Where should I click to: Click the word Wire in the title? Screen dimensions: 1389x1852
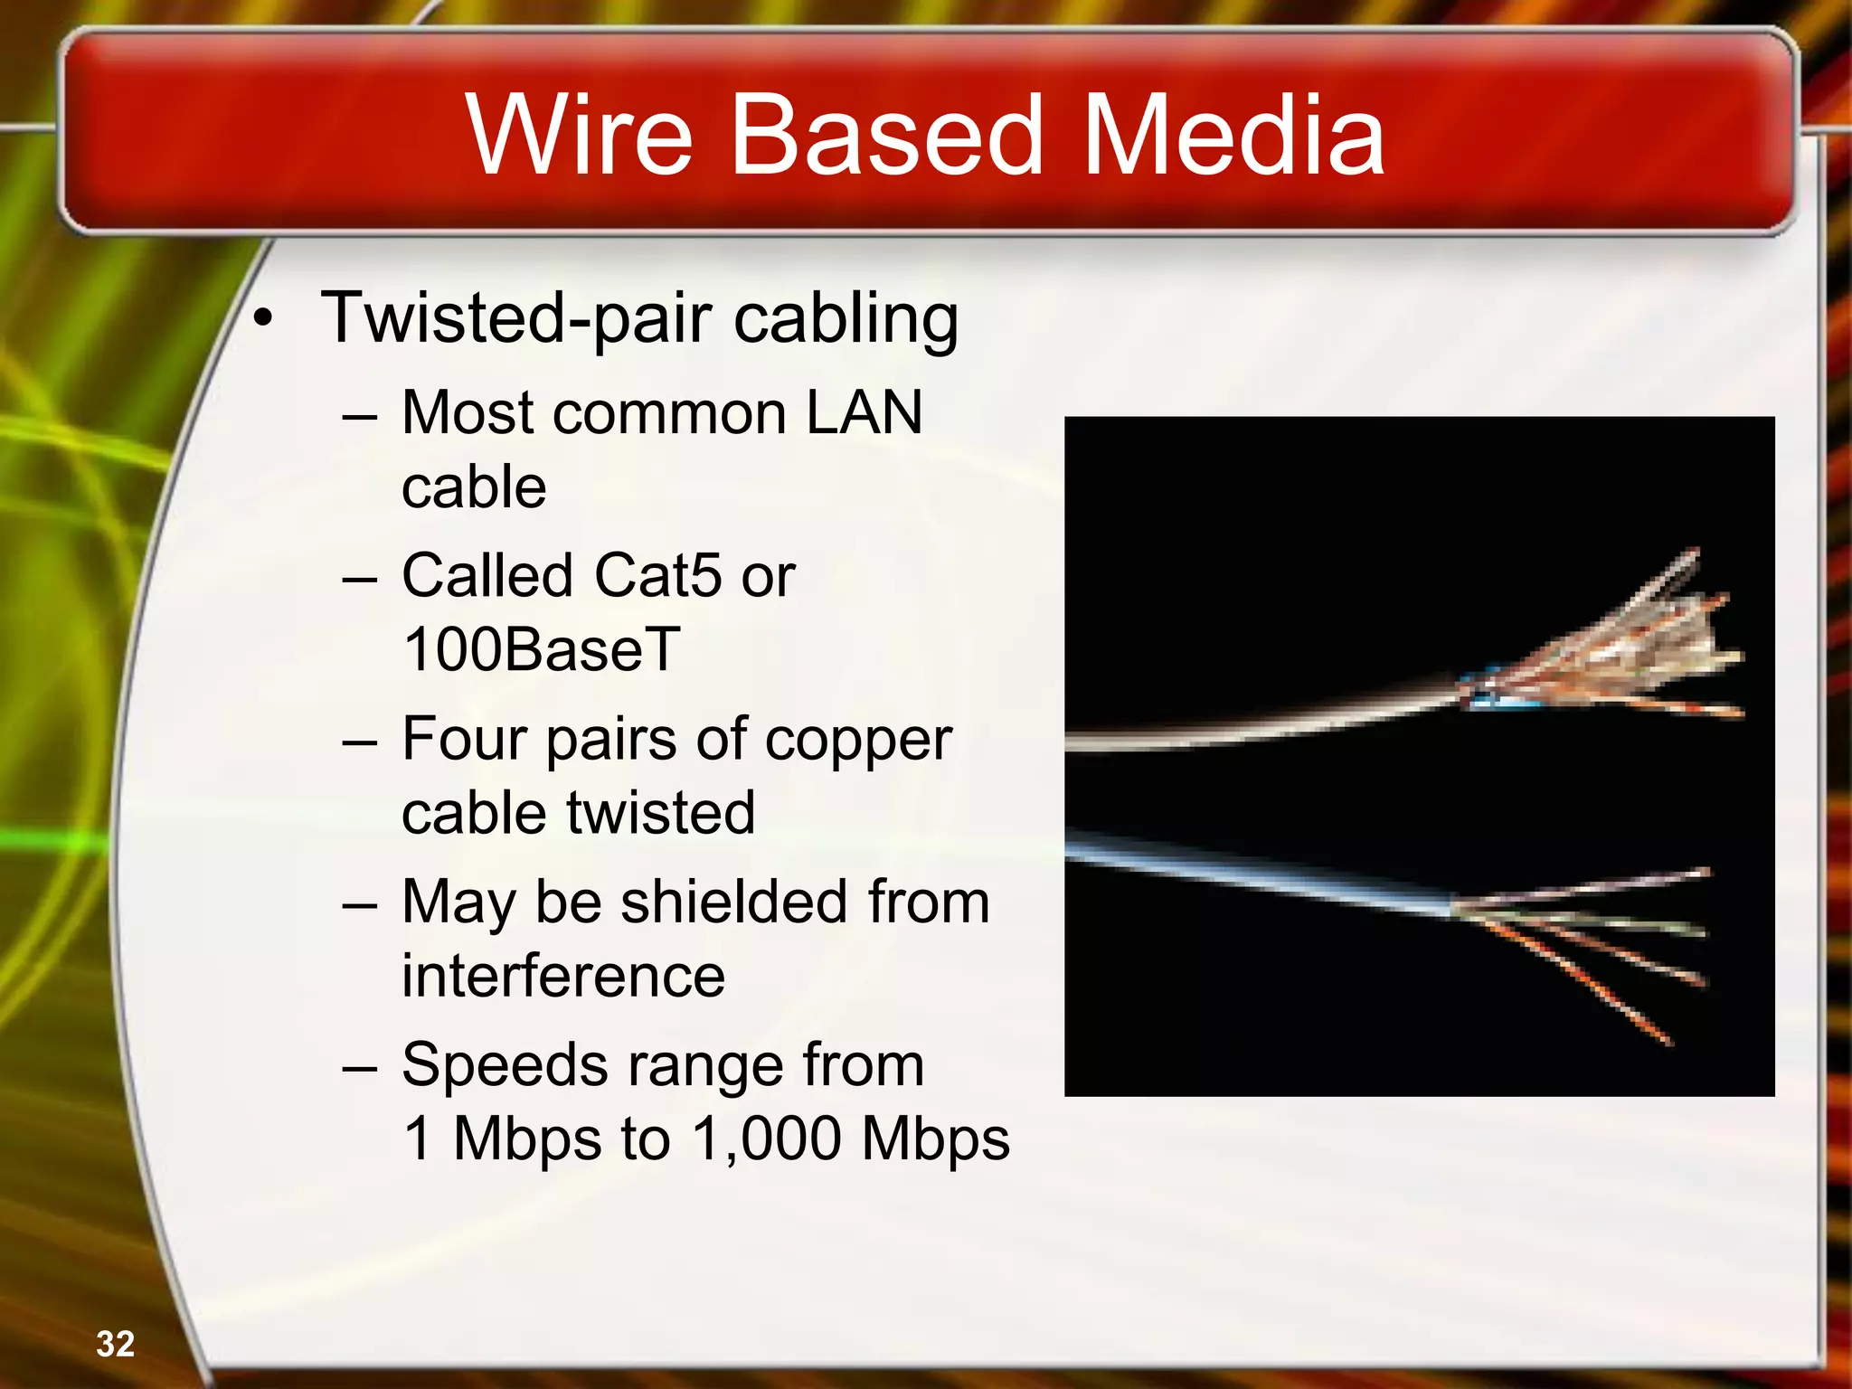pyautogui.click(x=580, y=136)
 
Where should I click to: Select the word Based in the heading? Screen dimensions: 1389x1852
pyautogui.click(x=886, y=136)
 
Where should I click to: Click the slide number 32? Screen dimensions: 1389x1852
pyautogui.click(x=116, y=1344)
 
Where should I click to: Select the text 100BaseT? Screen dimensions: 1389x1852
pyautogui.click(x=541, y=649)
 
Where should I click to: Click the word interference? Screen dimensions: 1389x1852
pyautogui.click(x=562, y=976)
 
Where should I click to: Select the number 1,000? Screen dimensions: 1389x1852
pyautogui.click(x=767, y=1139)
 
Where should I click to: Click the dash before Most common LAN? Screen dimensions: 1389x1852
pyautogui.click(x=360, y=417)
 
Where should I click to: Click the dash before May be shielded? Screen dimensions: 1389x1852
pyautogui.click(x=360, y=905)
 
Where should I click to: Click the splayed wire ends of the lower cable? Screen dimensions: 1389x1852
pyautogui.click(x=1592, y=940)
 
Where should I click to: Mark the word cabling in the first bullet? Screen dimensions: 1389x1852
pyautogui.click(x=846, y=319)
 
